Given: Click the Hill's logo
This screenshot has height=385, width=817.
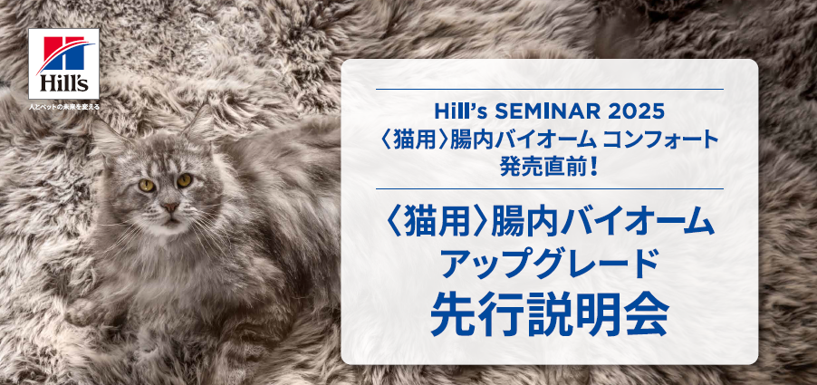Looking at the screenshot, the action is [63, 63].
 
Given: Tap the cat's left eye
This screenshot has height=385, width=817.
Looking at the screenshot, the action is [147, 185].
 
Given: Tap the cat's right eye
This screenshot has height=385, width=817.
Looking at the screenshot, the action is [184, 180].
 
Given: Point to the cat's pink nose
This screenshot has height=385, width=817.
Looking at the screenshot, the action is [170, 207].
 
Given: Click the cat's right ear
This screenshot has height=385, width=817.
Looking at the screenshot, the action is [199, 123].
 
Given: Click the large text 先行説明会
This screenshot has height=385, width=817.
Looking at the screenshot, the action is [549, 315].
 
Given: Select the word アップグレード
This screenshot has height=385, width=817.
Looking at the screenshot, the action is [549, 265].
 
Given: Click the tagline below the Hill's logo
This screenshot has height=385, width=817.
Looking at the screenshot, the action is [64, 107].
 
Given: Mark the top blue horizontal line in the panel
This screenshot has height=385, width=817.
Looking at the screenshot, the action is [549, 90].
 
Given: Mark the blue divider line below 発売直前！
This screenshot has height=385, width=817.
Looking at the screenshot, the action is [549, 188].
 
